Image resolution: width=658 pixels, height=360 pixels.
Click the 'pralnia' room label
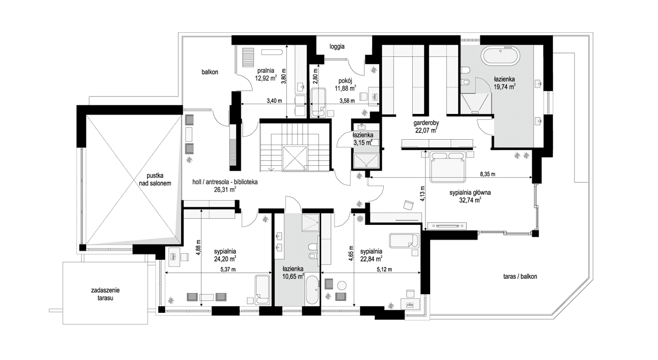(x=265, y=71)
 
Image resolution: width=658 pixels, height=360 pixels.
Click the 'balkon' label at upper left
(x=210, y=72)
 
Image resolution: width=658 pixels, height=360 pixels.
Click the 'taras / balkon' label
(x=520, y=276)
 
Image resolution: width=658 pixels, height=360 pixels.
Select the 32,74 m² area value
(x=470, y=201)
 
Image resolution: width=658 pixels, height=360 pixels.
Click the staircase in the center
(x=295, y=146)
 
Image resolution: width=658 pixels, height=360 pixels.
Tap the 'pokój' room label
(x=345, y=81)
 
